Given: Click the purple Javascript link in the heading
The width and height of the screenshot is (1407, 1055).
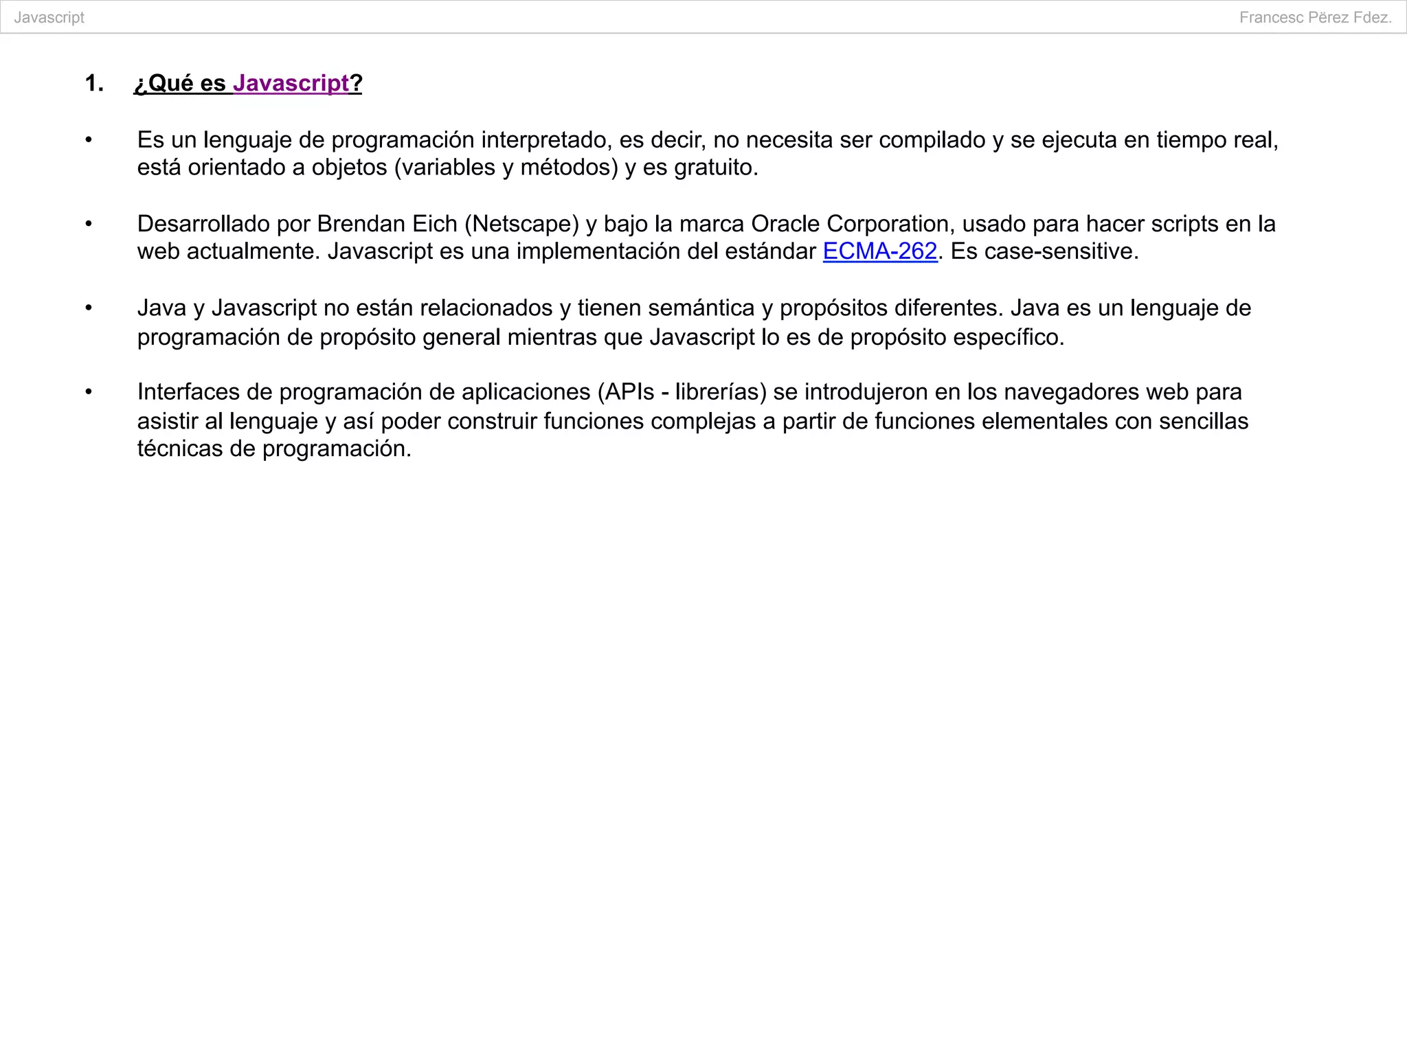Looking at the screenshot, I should (291, 83).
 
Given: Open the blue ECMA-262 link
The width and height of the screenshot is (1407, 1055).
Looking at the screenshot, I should (879, 251).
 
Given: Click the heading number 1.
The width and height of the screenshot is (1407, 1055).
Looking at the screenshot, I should (93, 83).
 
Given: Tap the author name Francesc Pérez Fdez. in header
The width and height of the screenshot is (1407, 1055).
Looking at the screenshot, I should (1315, 18).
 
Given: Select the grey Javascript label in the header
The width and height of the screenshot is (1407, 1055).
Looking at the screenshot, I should (49, 18).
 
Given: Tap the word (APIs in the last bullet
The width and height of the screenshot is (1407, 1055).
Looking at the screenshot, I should (626, 392).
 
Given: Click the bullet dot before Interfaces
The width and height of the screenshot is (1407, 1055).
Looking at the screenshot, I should (88, 392).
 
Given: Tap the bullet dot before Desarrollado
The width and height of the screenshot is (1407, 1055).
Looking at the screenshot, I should (88, 224).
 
